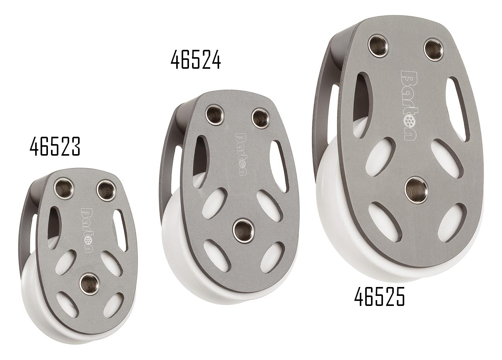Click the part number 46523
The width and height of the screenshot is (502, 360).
point(55,147)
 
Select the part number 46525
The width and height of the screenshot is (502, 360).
point(379,297)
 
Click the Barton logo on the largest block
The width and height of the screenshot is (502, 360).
point(408,105)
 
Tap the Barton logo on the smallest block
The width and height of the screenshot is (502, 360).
point(86,231)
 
